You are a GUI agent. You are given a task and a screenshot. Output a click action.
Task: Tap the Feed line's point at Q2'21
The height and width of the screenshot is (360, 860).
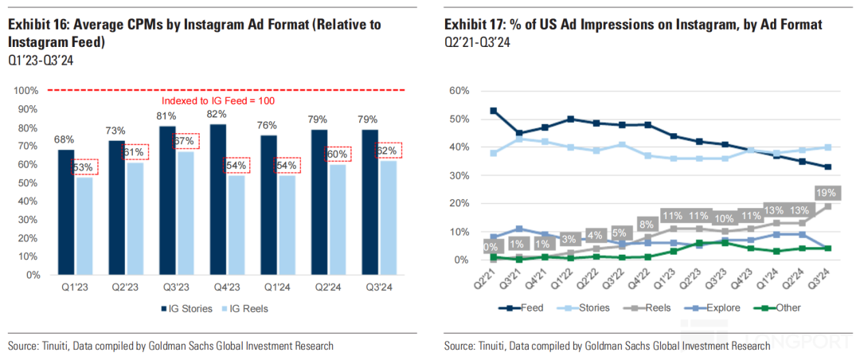pos(494,111)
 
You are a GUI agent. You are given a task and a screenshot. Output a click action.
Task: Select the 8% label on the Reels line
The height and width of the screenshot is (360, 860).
pos(647,224)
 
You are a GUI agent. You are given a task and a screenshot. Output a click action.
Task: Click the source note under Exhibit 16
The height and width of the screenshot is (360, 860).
pos(170,346)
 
